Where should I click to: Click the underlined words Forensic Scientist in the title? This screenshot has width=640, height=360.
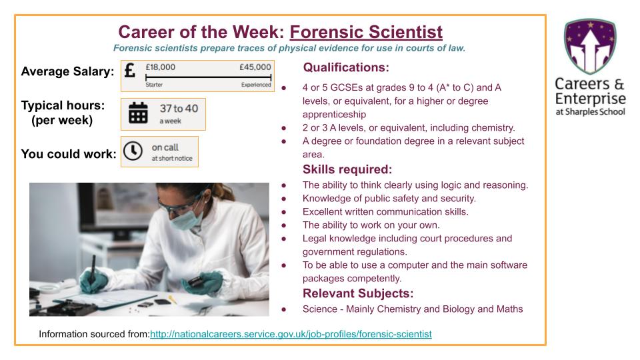tap(366, 31)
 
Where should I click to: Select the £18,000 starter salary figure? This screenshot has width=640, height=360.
tap(161, 67)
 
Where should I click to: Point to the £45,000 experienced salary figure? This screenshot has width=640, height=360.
tap(255, 67)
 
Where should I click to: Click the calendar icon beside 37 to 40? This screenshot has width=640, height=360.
tap(138, 113)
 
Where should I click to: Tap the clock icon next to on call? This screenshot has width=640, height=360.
tap(133, 152)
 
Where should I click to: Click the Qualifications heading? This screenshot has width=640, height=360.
tap(346, 67)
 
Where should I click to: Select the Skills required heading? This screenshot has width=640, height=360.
tap(347, 169)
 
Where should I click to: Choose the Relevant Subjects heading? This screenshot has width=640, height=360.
tap(358, 293)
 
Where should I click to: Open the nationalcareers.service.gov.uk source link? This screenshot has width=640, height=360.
tap(291, 333)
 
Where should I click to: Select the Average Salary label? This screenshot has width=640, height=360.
tap(67, 72)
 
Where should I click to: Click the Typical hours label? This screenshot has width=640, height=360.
tap(63, 107)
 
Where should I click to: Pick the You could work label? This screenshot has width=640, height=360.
tap(69, 154)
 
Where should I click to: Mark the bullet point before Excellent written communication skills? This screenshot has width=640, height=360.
tap(285, 212)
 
